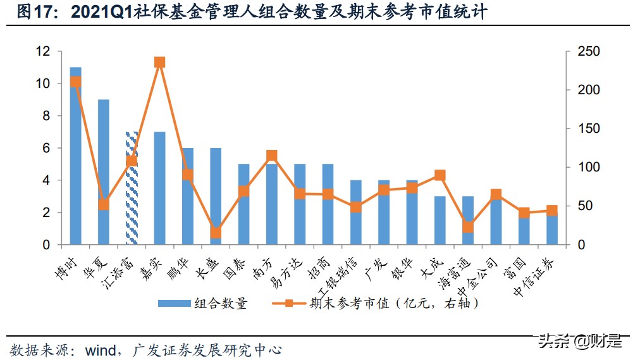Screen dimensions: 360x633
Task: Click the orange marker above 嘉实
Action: click(159, 62)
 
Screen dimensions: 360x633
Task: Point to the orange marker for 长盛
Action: click(216, 233)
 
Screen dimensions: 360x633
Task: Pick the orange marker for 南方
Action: click(272, 156)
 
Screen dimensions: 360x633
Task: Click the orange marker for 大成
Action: click(440, 175)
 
